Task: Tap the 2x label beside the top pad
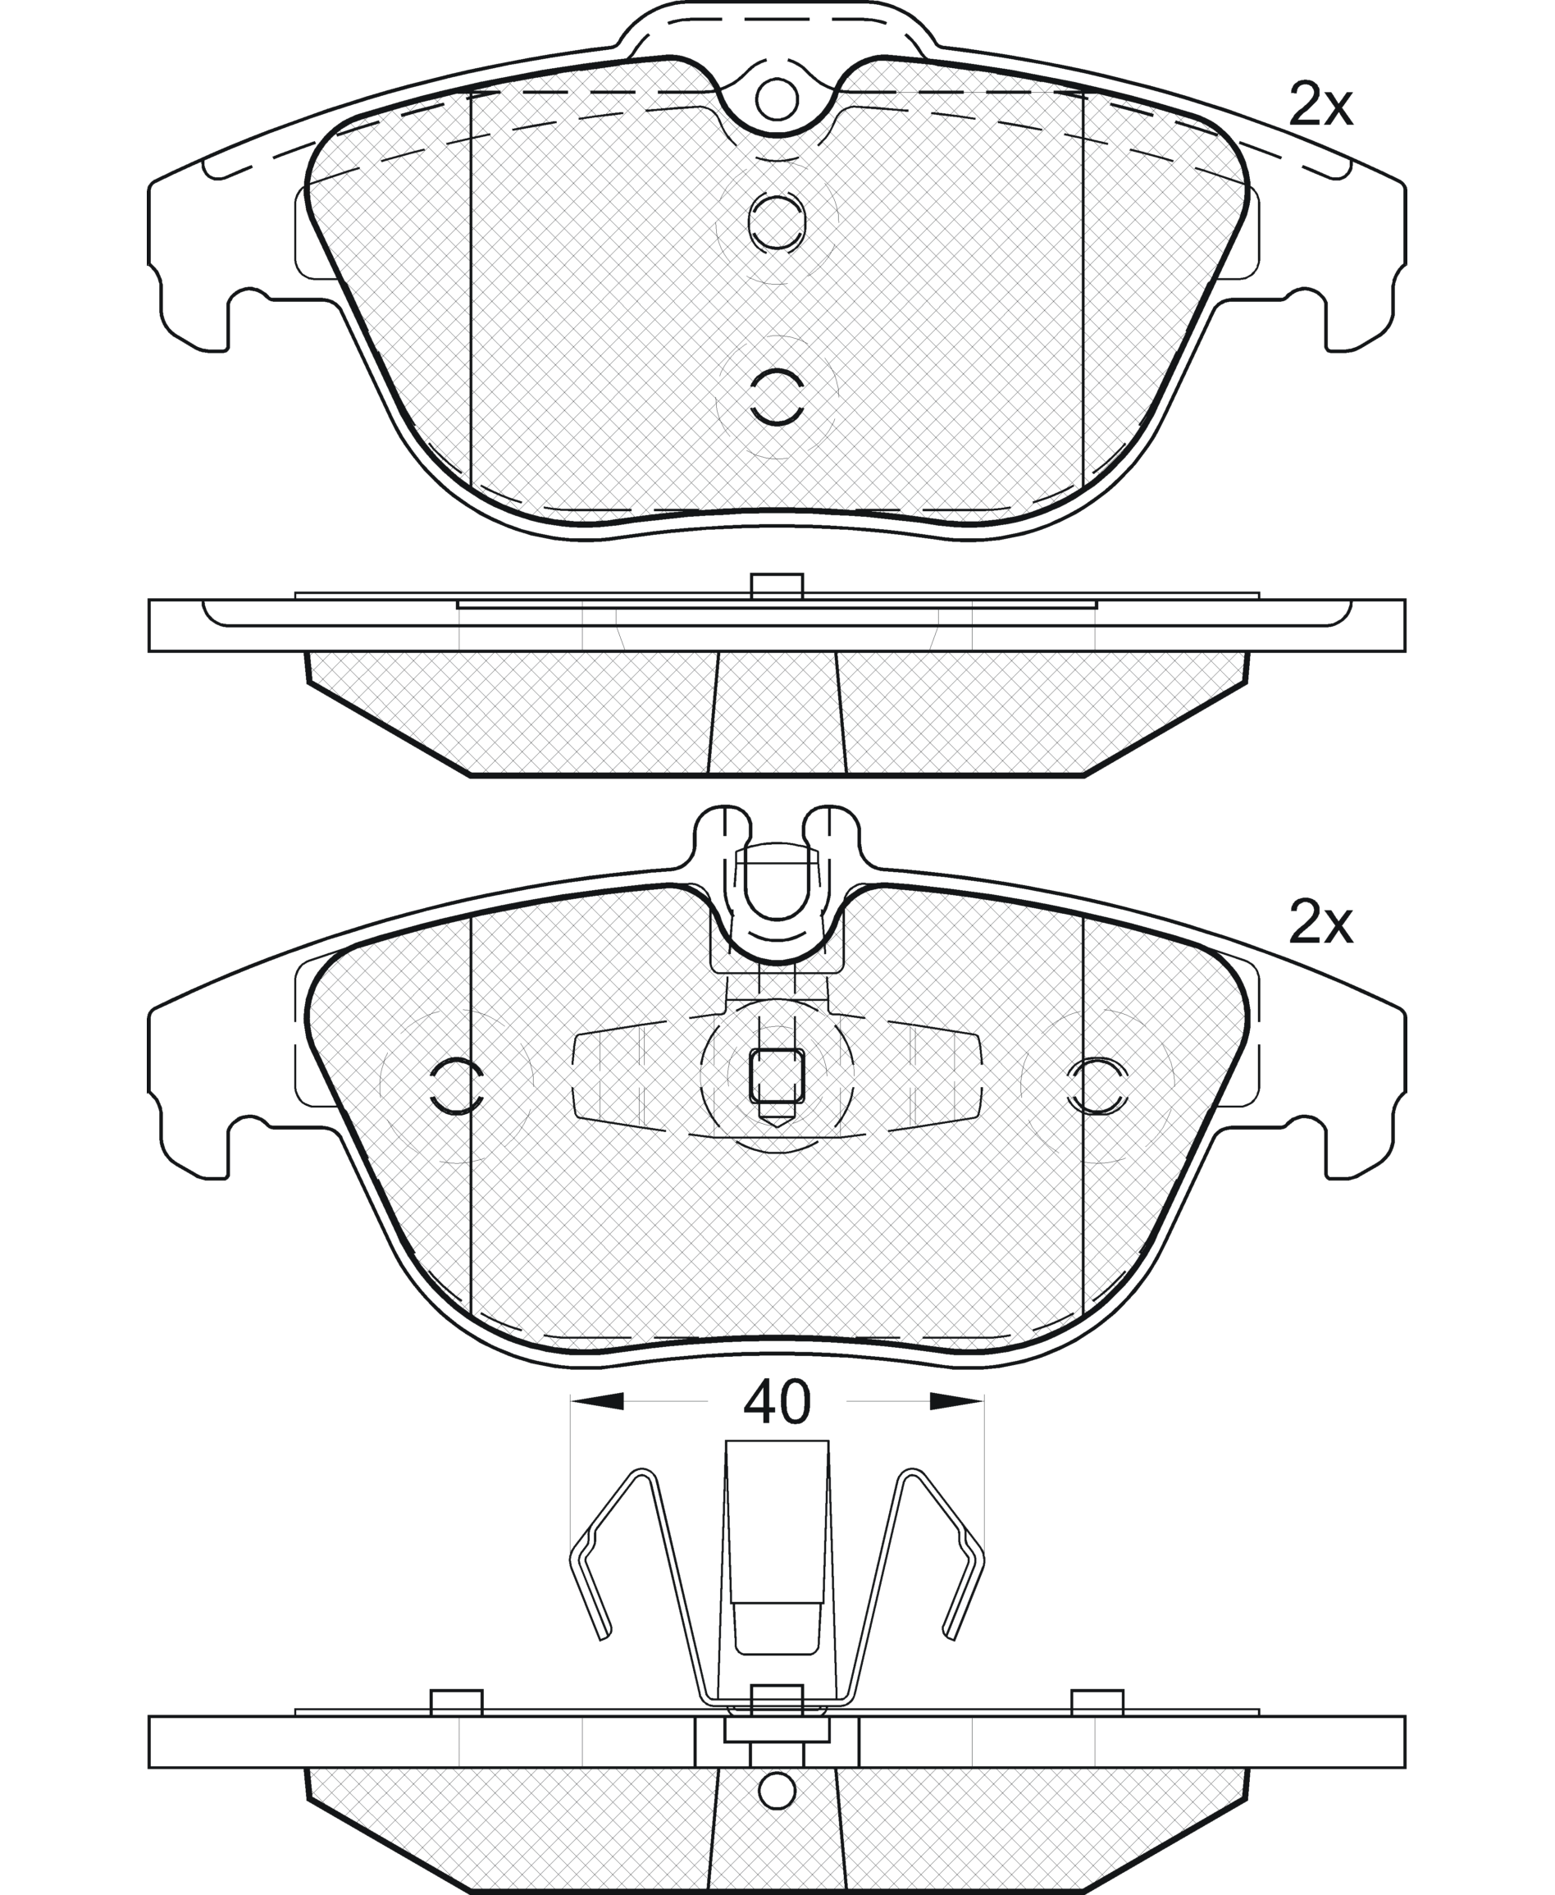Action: (x=1320, y=106)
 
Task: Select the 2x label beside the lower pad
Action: (x=1320, y=924)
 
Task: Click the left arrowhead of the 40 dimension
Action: (x=596, y=1401)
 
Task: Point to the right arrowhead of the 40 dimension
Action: (x=956, y=1401)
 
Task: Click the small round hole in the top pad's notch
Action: (x=777, y=99)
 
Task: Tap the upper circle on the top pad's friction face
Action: (x=777, y=220)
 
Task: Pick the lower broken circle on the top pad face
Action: (x=777, y=396)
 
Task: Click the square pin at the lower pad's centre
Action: (x=777, y=1075)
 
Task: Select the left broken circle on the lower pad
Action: (x=457, y=1086)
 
